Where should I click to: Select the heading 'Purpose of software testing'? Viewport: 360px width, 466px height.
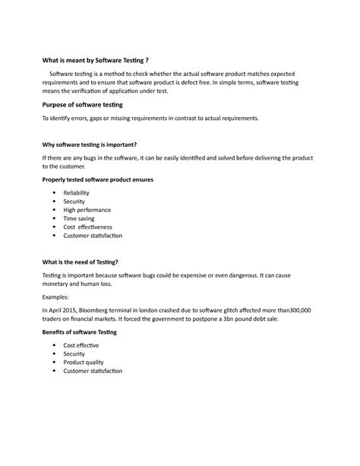(x=81, y=104)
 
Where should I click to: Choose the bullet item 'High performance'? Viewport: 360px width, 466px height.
(x=87, y=210)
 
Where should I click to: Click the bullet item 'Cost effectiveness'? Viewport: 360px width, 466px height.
(x=87, y=227)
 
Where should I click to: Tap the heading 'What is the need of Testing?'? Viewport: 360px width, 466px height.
(x=81, y=261)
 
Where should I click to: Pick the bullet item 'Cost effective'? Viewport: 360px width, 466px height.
(x=81, y=346)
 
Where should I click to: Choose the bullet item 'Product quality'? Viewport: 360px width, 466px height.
(x=85, y=363)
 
